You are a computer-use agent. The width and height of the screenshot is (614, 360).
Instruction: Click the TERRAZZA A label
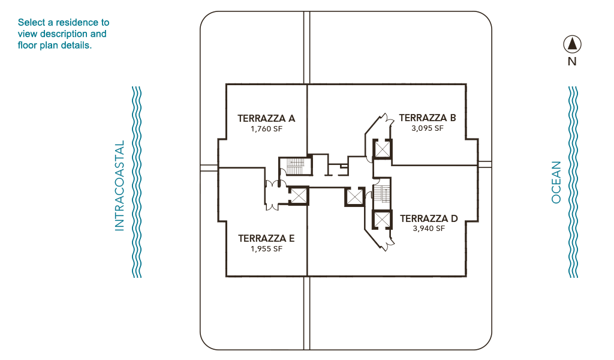click(266, 118)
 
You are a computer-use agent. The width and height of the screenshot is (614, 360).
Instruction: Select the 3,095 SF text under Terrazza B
click(427, 128)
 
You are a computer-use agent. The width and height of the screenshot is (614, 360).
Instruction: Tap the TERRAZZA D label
click(429, 218)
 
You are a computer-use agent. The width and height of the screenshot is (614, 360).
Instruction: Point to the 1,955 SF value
click(266, 249)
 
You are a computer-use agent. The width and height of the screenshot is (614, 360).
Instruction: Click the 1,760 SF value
click(266, 129)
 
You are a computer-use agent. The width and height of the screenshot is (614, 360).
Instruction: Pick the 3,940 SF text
click(429, 229)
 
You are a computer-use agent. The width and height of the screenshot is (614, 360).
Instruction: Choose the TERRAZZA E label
click(266, 238)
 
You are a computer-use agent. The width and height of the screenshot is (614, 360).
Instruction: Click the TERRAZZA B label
click(427, 118)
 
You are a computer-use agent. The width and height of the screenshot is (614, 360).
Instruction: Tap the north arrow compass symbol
click(572, 44)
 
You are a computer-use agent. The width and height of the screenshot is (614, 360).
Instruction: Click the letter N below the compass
click(572, 62)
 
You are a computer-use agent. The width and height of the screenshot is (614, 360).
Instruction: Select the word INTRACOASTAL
click(119, 185)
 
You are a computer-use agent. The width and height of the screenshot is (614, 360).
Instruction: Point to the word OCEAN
click(556, 182)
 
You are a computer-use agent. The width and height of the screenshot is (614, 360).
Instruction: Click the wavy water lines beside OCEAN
click(573, 182)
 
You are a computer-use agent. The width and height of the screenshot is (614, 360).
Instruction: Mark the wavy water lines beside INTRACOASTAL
click(137, 182)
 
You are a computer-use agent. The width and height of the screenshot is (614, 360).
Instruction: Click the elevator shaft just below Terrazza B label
click(382, 149)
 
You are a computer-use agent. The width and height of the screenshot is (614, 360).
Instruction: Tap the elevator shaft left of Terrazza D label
click(382, 220)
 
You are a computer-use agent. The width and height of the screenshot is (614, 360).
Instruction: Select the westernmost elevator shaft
click(299, 196)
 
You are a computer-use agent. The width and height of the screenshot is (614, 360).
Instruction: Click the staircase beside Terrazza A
click(296, 166)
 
